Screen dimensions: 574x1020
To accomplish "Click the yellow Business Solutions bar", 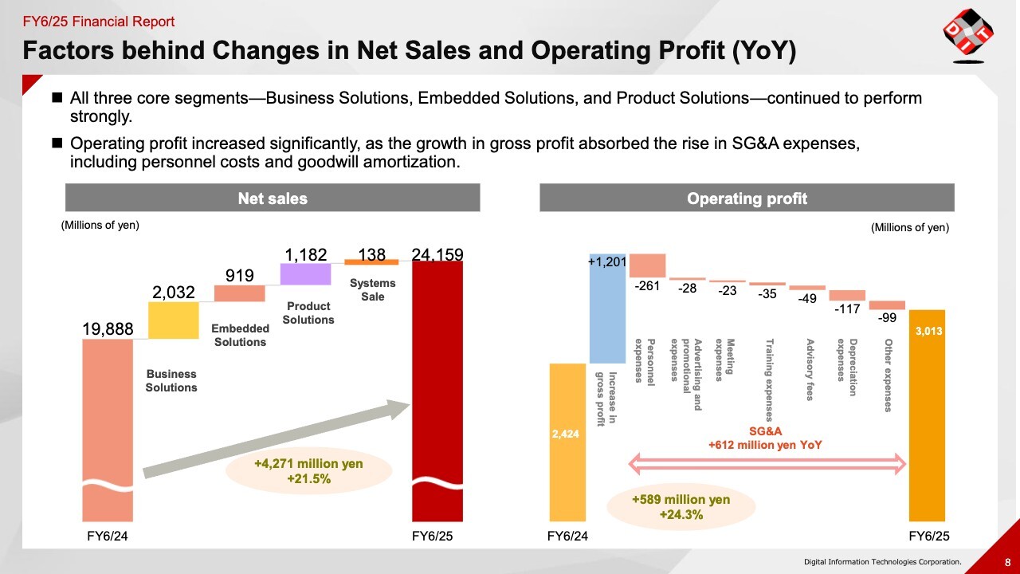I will [173, 320].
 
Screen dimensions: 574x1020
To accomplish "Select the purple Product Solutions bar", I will [305, 274].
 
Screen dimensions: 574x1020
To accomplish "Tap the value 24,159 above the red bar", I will [437, 254].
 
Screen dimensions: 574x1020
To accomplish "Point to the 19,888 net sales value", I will [108, 328].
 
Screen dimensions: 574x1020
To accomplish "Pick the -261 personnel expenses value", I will [646, 285].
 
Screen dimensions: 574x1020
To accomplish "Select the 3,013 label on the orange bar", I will [928, 330].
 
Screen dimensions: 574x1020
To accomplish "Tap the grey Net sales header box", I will [272, 198].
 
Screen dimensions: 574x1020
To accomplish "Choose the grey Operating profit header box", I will [747, 198].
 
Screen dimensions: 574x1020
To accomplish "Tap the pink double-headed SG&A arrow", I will [768, 462].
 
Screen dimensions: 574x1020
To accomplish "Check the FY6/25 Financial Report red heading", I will [99, 22].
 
